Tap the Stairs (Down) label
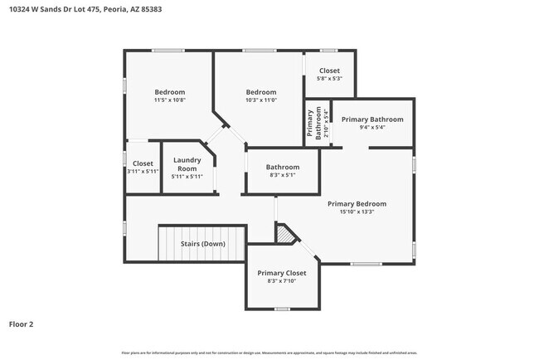(x=202, y=244)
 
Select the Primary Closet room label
(x=281, y=273)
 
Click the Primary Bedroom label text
(x=357, y=203)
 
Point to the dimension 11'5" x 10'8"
(x=169, y=100)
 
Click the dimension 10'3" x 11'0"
(x=260, y=100)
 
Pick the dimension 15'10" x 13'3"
(x=357, y=212)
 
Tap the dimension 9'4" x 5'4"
(x=372, y=128)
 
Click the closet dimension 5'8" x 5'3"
(x=329, y=79)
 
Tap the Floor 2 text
(x=22, y=324)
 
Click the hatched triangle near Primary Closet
(x=287, y=235)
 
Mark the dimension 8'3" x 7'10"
(x=281, y=281)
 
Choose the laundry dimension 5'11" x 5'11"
(x=187, y=176)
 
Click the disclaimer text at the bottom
(x=269, y=353)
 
